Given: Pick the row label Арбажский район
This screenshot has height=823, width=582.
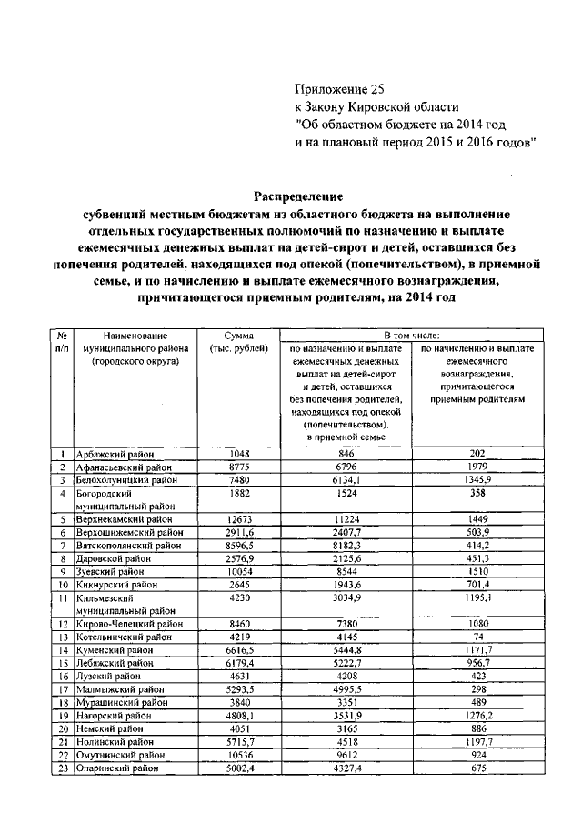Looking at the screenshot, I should [x=116, y=454].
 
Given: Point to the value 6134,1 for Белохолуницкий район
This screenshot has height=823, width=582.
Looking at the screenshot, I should [x=346, y=480].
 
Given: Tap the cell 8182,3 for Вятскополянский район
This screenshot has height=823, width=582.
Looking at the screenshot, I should [x=346, y=546].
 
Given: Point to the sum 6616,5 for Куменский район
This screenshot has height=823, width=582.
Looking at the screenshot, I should [x=238, y=650].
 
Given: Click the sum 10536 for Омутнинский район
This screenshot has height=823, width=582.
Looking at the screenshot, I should [x=238, y=755].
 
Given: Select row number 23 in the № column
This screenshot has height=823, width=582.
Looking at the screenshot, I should [x=62, y=768].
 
